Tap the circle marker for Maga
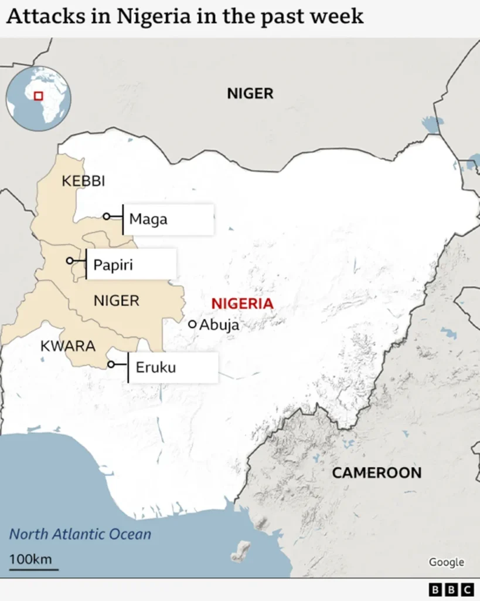106,217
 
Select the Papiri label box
131,265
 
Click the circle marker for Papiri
70,261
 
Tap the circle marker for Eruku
111,364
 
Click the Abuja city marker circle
192,324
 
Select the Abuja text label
220,325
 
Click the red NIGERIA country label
242,303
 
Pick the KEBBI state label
83,181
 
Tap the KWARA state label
68,346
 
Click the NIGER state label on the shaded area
117,301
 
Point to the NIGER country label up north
250,93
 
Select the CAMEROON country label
376,472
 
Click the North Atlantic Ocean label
80,534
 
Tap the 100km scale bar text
30,559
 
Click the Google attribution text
446,562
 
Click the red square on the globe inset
39,96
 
